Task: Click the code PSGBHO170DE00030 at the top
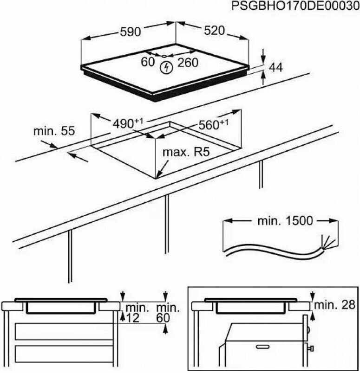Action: click(295, 6)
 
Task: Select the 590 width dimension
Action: click(131, 32)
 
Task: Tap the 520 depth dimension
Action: click(214, 31)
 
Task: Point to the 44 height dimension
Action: click(276, 67)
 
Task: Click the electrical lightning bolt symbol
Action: click(166, 68)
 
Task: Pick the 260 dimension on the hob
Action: click(188, 63)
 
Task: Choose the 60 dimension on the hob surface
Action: click(148, 62)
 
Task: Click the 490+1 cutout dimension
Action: click(128, 123)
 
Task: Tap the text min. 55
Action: click(54, 131)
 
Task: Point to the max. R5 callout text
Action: click(186, 152)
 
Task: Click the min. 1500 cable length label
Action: click(285, 221)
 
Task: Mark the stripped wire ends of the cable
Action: click(329, 242)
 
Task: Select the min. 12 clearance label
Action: click(137, 313)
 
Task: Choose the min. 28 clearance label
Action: click(335, 305)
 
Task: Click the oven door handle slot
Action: click(263, 347)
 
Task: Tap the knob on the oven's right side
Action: click(311, 349)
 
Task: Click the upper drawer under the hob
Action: click(64, 331)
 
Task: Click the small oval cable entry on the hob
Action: click(164, 56)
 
